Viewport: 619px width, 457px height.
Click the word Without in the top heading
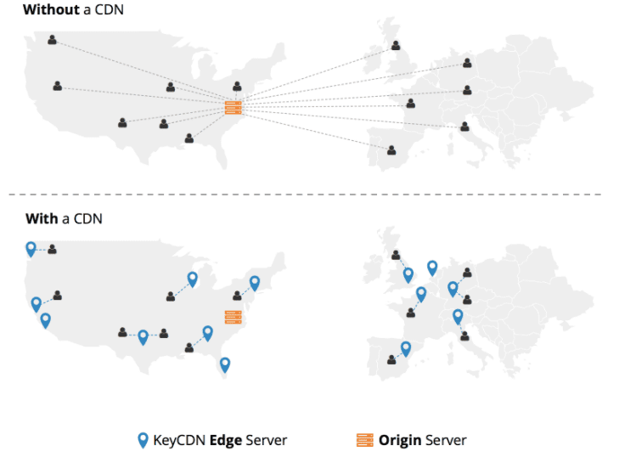point(51,9)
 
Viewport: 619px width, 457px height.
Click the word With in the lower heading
point(42,218)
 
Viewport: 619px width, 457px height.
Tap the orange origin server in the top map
point(233,107)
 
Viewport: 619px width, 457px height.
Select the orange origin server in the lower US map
point(233,317)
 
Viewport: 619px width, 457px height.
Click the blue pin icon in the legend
point(143,440)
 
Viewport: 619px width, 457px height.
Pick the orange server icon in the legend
point(365,440)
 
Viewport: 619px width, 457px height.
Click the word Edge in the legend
point(225,440)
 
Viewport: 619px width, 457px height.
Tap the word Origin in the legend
point(400,440)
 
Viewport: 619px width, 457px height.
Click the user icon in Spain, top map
point(391,150)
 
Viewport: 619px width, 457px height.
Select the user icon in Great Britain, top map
point(396,45)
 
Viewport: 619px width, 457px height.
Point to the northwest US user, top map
point(52,39)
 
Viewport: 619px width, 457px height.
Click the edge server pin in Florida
point(225,365)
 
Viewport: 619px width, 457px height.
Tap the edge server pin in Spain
point(406,349)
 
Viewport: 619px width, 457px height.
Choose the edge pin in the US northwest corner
point(31,249)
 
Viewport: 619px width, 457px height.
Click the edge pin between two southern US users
point(143,338)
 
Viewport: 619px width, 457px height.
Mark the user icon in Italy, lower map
point(465,336)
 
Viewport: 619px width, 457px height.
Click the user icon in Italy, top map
point(465,127)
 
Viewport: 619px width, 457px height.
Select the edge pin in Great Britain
point(408,275)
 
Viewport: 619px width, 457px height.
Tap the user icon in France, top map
point(411,103)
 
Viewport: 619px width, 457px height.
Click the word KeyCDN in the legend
point(179,440)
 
